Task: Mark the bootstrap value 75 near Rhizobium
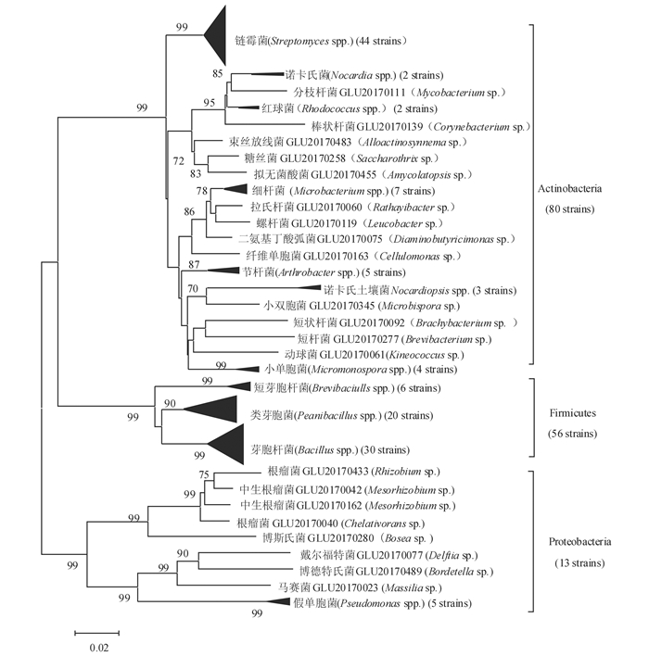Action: (x=205, y=474)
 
